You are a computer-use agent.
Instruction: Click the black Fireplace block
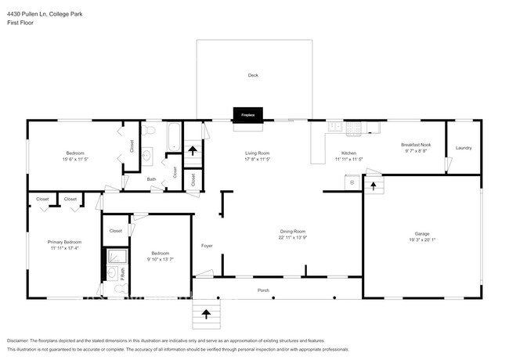pos(247,115)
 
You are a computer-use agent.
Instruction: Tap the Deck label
pos(253,76)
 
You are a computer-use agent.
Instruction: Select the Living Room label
pos(258,153)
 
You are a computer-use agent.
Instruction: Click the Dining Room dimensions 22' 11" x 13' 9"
pos(294,237)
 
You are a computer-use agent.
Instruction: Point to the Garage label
pos(423,233)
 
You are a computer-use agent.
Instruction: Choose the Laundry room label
pos(464,147)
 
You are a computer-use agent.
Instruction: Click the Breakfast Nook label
pos(417,144)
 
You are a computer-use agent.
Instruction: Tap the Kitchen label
pos(349,153)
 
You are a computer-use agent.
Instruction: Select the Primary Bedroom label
pos(65,242)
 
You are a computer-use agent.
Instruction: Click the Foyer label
pos(207,246)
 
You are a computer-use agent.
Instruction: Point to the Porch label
pos(264,290)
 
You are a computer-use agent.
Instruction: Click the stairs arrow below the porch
pos(206,315)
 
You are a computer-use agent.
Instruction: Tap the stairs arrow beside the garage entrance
pos(374,185)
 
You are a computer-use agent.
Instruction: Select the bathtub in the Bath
pos(172,136)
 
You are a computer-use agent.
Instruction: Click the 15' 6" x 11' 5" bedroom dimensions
pos(75,159)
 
